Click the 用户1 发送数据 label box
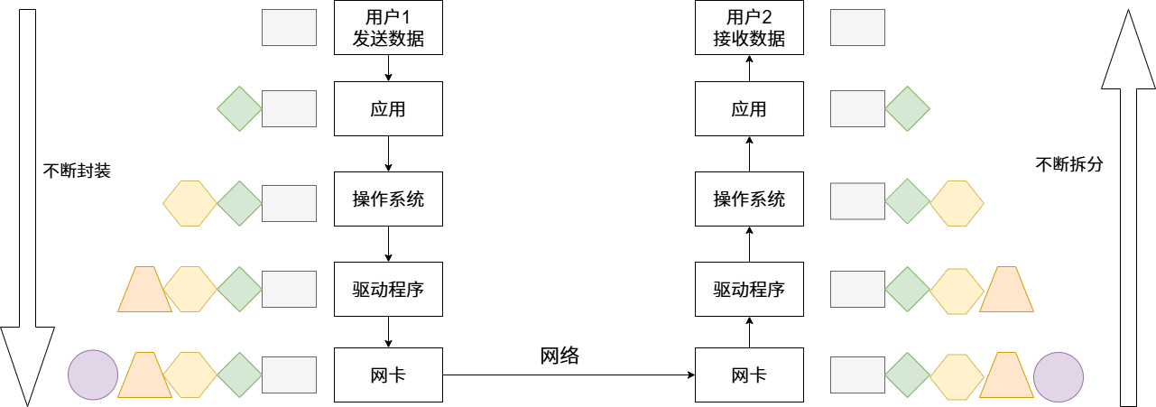pos(388,28)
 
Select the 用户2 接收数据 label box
pos(749,28)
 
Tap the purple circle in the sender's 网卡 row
pos(94,375)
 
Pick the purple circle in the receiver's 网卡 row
pos(1058,375)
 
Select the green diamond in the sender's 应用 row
pos(239,108)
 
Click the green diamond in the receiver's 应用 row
pos(907,108)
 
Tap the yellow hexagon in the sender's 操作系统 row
pos(190,203)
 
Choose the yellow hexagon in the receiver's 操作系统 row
pos(957,203)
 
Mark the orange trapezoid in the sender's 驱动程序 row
pos(144,290)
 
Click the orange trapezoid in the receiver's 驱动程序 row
pos(1006,290)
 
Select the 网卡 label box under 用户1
pos(388,375)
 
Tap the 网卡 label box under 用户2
pos(749,375)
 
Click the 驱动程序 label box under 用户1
pos(388,289)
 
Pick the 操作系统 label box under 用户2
pos(749,199)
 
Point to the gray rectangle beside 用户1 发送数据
pos(289,28)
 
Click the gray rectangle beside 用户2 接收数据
pos(856,28)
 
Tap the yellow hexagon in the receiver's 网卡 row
pos(957,375)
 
